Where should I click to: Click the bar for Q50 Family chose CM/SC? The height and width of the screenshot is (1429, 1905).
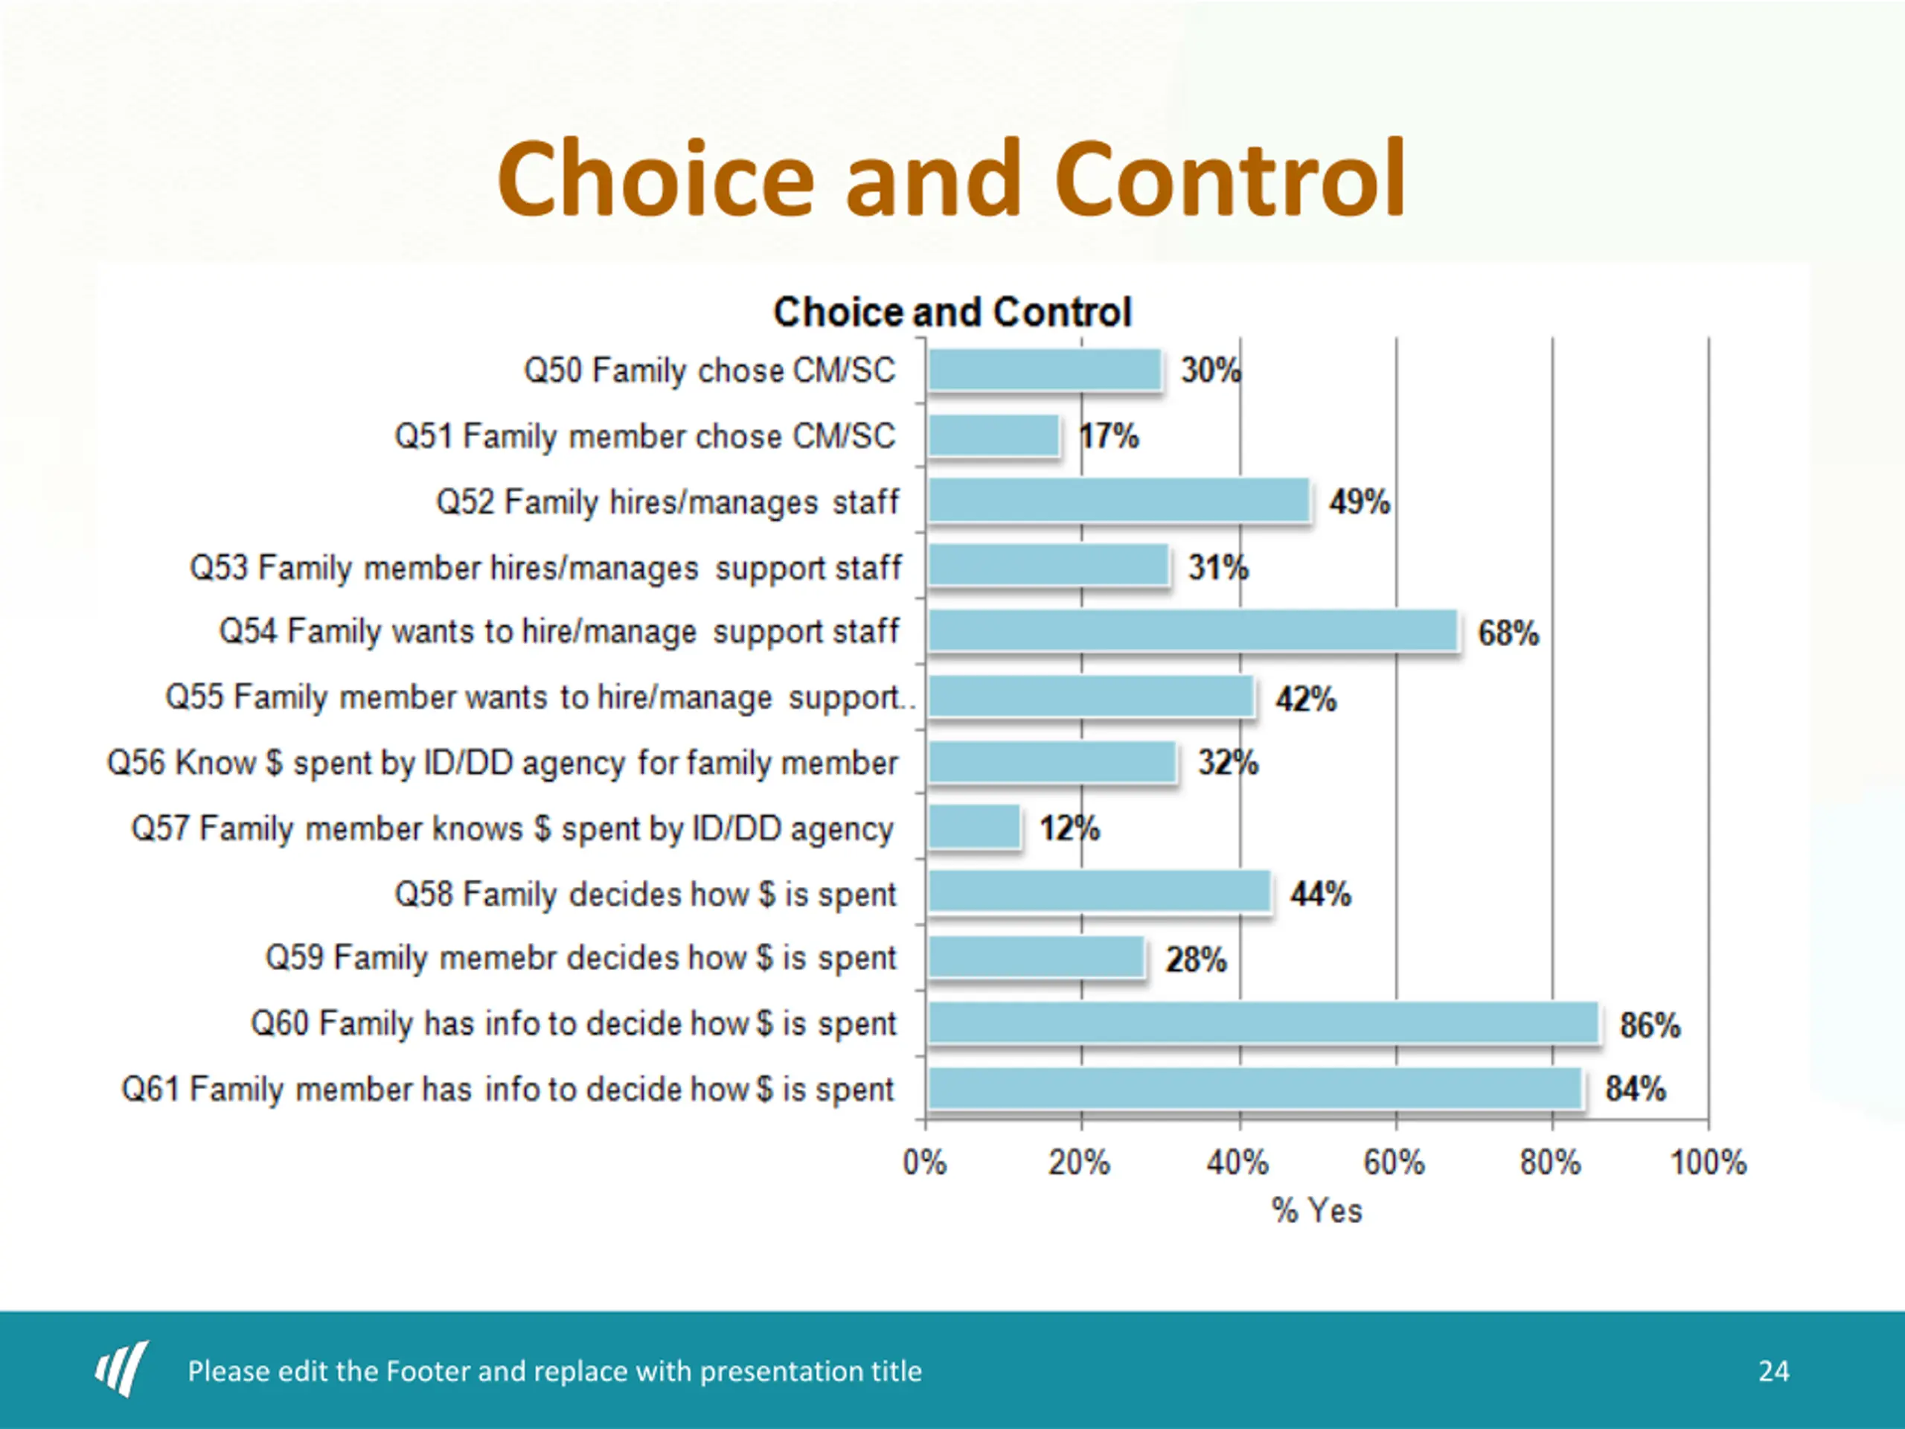click(1045, 371)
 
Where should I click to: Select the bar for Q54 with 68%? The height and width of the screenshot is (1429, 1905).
click(1193, 631)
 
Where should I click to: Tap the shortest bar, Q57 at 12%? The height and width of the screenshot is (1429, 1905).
click(974, 828)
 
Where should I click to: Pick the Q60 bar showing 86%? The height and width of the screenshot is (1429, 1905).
click(1263, 1023)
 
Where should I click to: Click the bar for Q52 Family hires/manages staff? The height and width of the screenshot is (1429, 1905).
click(1118, 502)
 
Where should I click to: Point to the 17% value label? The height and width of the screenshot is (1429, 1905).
click(1110, 437)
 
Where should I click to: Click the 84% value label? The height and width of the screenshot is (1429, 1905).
click(1635, 1089)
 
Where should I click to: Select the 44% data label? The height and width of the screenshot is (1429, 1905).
click(1320, 894)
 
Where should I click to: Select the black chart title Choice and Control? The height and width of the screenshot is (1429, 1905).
click(952, 312)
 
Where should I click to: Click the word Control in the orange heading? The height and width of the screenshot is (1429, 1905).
click(1230, 179)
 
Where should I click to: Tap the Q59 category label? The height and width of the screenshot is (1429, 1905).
click(581, 958)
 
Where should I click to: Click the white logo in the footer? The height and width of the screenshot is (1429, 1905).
click(121, 1369)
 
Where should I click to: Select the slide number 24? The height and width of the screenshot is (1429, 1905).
click(1773, 1370)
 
